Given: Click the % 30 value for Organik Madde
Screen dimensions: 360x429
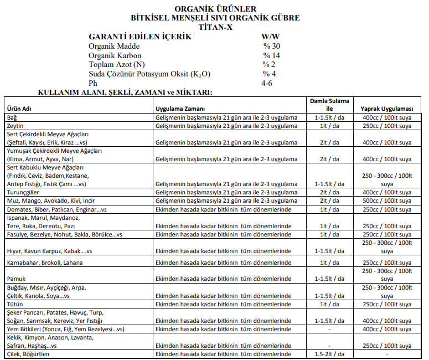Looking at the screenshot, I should pos(272,47).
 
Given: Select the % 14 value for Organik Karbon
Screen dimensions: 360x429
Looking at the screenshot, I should pos(272,55).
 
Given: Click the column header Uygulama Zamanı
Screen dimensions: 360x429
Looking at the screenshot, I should pos(180,109).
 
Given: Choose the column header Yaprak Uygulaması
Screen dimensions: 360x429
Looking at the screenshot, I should pos(387,109).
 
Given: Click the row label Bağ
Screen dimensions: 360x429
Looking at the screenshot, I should pos(12,118).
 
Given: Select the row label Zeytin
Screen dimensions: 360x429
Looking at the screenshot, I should pos(15,126).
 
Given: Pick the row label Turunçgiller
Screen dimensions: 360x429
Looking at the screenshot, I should pos(23,192).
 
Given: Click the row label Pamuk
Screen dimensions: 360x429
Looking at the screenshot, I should pos(15,278).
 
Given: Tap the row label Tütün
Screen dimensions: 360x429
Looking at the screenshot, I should pos(14,304).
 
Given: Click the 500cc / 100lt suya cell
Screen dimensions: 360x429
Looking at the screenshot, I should pos(387,200).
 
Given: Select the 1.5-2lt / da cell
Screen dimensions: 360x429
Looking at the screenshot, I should pos(329,354).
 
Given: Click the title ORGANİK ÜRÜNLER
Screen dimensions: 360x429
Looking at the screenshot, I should pos(215,9).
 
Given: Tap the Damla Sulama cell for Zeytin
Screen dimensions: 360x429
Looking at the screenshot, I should pos(329,126).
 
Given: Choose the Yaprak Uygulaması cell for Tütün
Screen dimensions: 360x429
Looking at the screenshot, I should pos(387,304).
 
